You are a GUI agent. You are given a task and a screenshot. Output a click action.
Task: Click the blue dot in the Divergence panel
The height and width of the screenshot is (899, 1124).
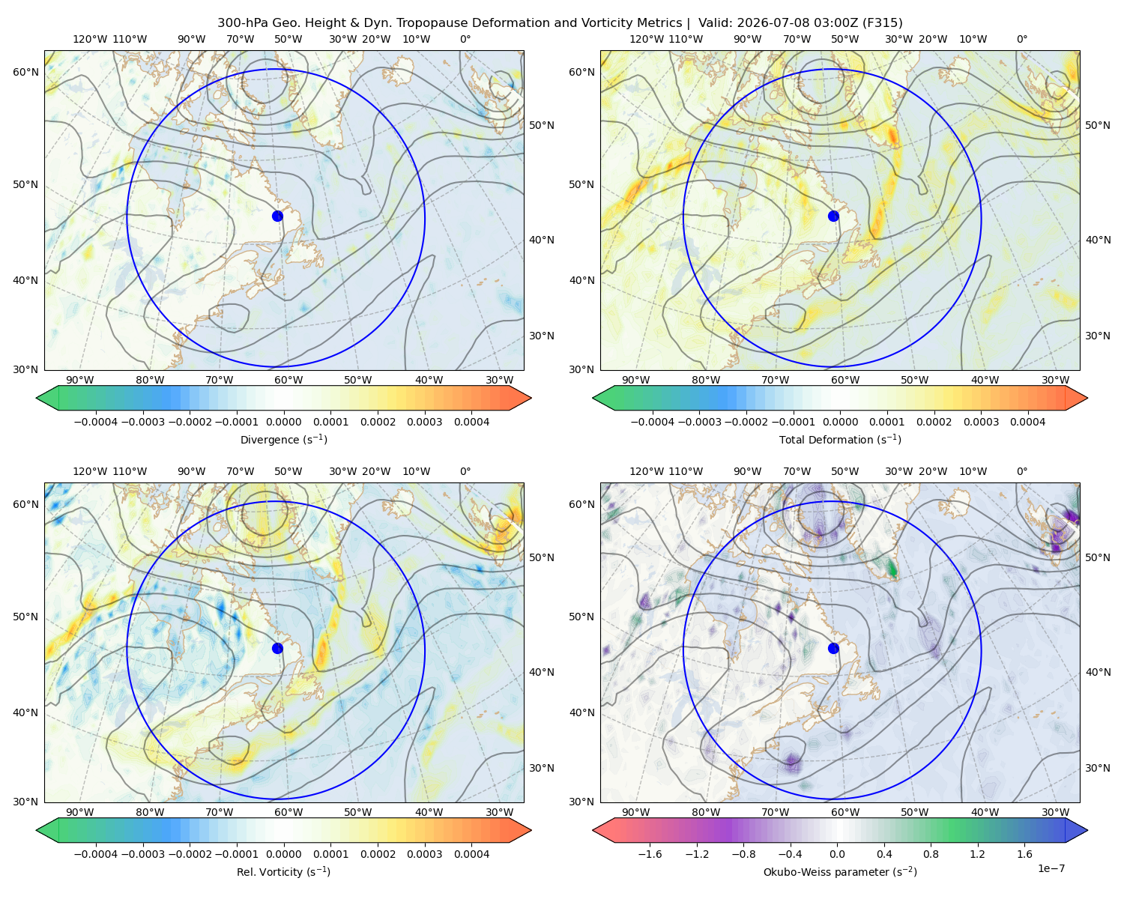coord(277,217)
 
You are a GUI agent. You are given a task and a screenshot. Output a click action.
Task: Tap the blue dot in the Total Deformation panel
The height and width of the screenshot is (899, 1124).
coord(833,217)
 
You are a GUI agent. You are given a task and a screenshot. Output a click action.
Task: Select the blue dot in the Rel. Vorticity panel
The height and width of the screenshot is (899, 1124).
coord(277,648)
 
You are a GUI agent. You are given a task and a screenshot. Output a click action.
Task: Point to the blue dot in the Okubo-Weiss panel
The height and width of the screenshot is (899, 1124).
coord(833,648)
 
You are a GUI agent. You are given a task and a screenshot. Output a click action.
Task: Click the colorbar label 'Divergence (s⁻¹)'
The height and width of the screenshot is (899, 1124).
coord(283,440)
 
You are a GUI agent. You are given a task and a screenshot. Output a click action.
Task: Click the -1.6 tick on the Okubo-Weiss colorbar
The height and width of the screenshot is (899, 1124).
coord(650,854)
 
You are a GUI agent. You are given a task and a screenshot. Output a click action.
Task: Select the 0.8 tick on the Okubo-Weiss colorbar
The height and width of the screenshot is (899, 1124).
coord(931,854)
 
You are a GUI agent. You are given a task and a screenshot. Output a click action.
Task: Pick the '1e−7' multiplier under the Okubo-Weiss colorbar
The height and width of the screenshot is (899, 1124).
coord(1051,868)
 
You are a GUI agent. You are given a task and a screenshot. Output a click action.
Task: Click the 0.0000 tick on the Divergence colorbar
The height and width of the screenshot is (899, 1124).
coord(283,422)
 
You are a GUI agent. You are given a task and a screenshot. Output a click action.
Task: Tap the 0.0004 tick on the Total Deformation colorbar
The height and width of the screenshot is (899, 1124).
coord(1027,422)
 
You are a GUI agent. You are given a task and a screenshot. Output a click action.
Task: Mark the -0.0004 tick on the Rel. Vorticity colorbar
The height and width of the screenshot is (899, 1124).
coord(96,854)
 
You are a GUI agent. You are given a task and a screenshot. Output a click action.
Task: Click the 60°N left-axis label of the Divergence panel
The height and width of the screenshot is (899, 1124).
coord(25,72)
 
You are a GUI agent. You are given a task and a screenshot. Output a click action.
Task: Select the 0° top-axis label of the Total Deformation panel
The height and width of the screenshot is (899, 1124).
coord(1021,39)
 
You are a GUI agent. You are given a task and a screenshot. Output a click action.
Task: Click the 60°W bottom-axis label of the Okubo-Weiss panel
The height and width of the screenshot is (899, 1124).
coord(845,812)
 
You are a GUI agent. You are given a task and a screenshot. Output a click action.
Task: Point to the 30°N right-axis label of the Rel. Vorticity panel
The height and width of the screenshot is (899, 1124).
coord(542,768)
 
